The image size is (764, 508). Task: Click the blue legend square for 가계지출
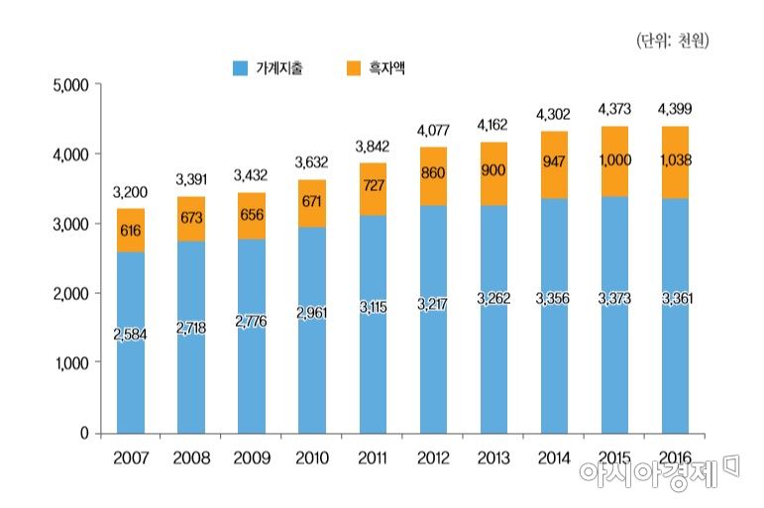click(240, 68)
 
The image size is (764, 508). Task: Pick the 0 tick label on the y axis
click(85, 434)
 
